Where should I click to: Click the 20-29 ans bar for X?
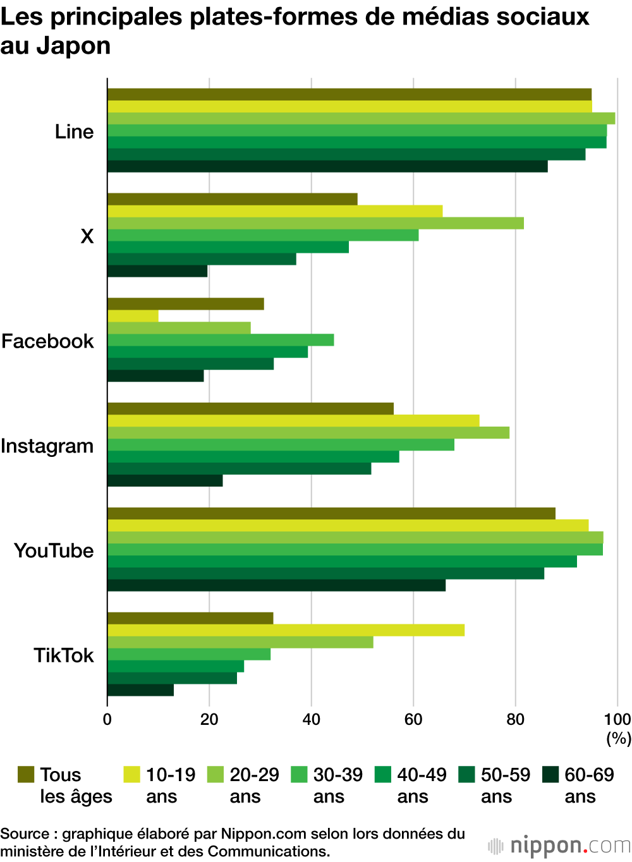click(315, 223)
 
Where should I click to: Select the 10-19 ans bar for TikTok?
click(286, 630)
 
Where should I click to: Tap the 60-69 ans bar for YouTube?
click(276, 585)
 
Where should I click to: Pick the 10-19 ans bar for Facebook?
click(133, 316)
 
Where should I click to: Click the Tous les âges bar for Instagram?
click(250, 409)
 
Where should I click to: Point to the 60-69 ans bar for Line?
click(327, 166)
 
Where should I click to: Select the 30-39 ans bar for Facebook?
click(221, 340)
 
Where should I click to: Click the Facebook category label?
click(47, 341)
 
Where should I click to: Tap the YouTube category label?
click(54, 551)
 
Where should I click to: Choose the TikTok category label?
click(63, 655)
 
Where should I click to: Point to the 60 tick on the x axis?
click(413, 719)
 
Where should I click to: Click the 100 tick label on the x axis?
click(617, 719)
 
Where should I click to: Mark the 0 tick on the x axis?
click(107, 719)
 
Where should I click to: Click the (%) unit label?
click(619, 738)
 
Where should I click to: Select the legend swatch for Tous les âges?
click(26, 774)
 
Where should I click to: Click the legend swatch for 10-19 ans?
click(131, 774)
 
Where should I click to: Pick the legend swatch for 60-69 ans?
click(550, 774)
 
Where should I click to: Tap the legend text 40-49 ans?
click(422, 786)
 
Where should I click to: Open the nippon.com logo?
click(559, 846)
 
